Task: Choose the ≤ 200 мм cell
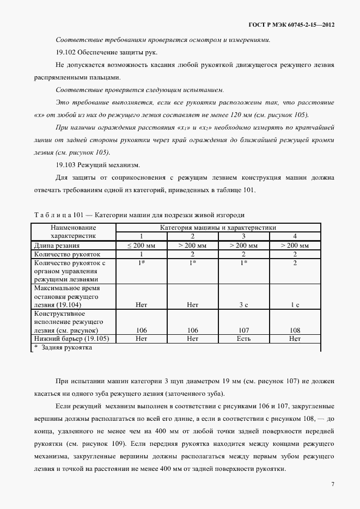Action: click(x=142, y=246)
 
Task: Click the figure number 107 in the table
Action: click(x=243, y=330)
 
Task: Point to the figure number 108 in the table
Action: click(x=295, y=330)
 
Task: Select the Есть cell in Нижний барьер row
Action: click(x=243, y=339)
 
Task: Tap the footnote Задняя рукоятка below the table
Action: click(x=64, y=348)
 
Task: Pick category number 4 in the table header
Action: click(x=295, y=236)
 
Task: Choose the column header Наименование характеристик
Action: click(x=73, y=232)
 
